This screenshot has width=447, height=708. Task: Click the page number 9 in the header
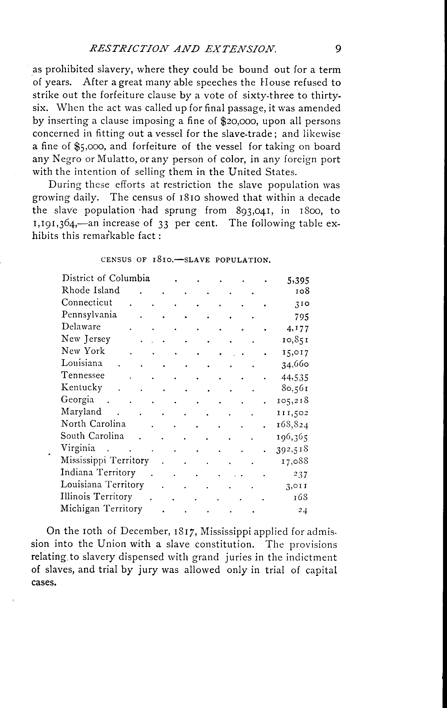click(x=338, y=48)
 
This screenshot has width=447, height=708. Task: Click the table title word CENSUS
click(x=116, y=260)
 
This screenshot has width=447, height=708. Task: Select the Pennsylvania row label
click(x=89, y=315)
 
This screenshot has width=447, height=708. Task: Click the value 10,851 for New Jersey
click(x=295, y=340)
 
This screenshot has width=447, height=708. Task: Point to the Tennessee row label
click(x=83, y=375)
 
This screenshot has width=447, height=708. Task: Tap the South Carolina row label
click(x=92, y=436)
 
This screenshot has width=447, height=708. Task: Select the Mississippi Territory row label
click(x=105, y=460)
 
